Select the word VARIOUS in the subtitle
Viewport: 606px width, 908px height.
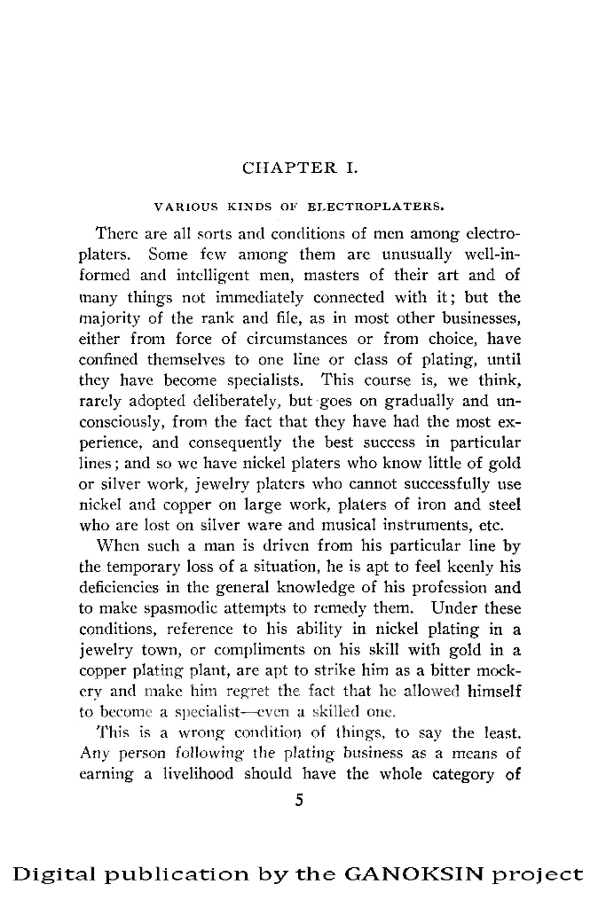pos(182,208)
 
